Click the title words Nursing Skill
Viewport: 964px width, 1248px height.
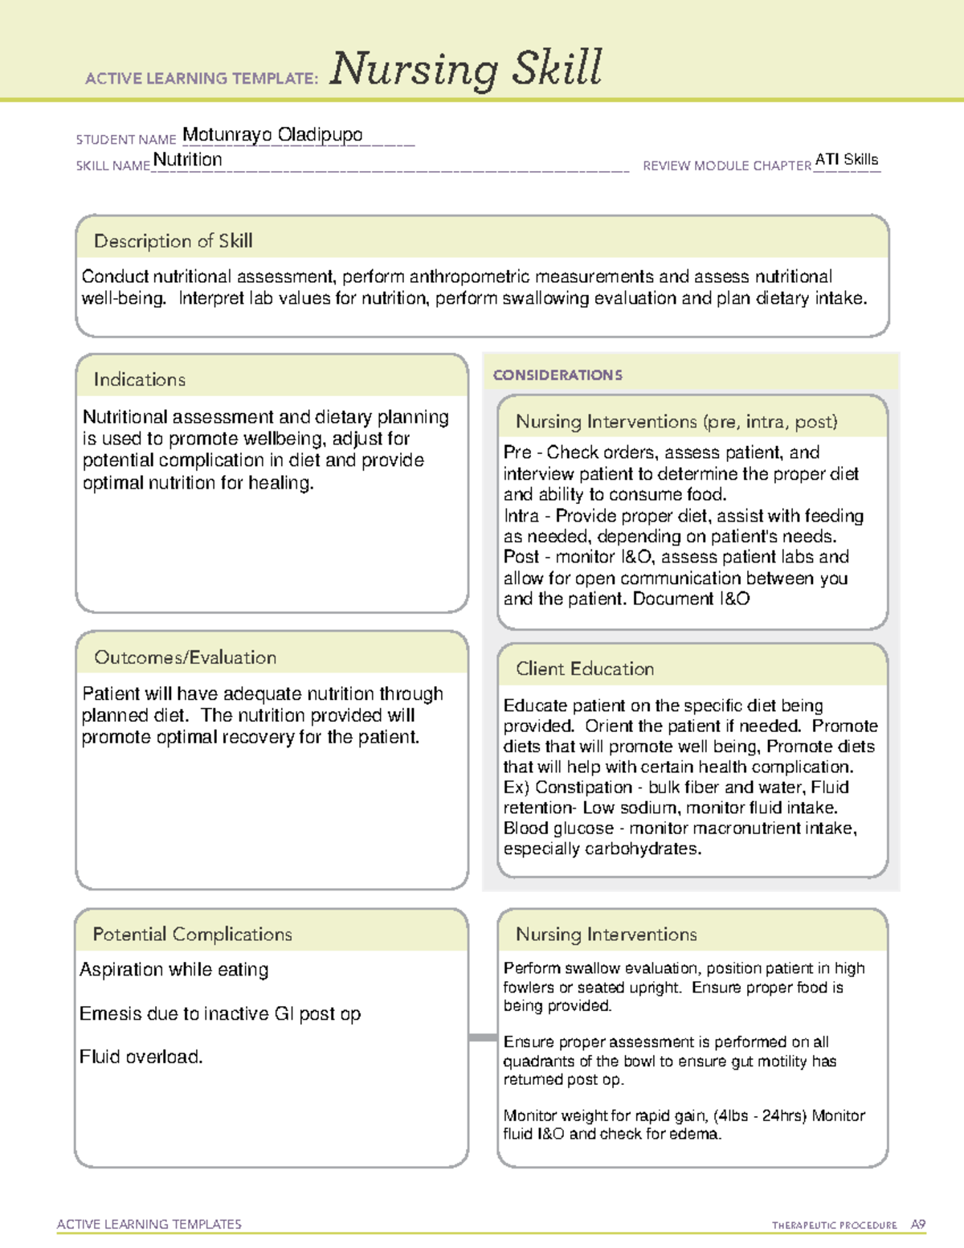tap(465, 69)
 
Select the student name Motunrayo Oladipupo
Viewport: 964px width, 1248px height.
tap(272, 134)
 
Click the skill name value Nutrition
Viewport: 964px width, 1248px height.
tap(187, 159)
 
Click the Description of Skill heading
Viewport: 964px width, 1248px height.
tap(173, 241)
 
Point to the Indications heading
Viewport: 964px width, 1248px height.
tap(139, 379)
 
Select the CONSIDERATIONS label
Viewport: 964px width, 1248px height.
tap(558, 375)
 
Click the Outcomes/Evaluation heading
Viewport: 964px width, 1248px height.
tap(185, 657)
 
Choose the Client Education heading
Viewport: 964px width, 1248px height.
tap(585, 669)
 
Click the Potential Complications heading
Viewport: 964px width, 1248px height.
tap(192, 934)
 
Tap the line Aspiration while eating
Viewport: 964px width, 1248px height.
tap(174, 970)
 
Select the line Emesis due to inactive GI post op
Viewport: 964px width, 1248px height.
tap(220, 1014)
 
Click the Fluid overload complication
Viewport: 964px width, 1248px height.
tap(141, 1057)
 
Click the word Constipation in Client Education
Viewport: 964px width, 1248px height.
tap(583, 788)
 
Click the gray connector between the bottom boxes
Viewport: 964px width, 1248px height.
tap(483, 1037)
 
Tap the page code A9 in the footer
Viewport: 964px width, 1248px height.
tap(917, 1225)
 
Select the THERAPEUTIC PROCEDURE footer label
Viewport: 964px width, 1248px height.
tap(834, 1225)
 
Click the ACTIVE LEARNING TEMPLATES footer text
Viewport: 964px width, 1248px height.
tap(149, 1224)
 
